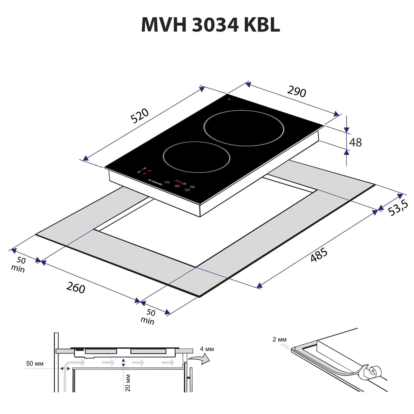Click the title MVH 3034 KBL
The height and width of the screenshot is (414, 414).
210,25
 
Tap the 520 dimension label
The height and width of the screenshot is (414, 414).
139,116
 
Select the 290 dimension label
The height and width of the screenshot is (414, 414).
297,91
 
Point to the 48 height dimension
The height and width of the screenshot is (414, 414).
355,142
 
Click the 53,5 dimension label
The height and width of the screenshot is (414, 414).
398,208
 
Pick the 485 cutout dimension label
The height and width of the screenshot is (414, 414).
319,255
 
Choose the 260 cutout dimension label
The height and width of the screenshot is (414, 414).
76,288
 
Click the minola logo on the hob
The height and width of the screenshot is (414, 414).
155,182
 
